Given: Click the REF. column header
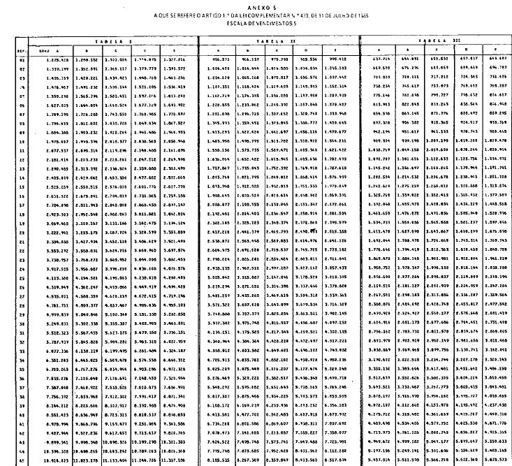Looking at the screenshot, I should [x=22, y=51].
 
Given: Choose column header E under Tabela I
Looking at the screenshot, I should [x=175, y=51].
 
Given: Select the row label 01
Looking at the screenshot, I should [x=22, y=60].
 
